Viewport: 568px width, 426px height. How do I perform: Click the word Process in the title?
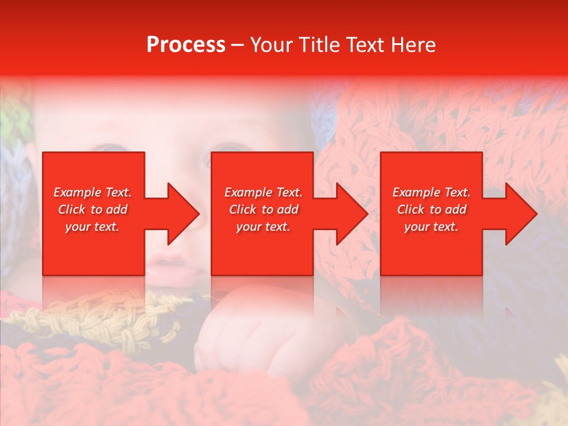(186, 45)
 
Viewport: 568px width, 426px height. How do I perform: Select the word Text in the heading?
(366, 45)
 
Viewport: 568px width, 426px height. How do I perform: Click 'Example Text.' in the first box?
(92, 192)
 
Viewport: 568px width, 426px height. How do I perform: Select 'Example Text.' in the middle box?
(263, 192)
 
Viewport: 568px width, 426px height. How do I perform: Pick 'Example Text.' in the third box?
(431, 192)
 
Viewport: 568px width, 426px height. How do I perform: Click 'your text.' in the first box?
(92, 227)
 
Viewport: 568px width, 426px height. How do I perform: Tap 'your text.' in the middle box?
(263, 227)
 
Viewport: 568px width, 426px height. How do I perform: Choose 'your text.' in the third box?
(431, 227)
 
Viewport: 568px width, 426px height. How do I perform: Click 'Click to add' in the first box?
(92, 209)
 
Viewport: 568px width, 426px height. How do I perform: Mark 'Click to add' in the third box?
(431, 209)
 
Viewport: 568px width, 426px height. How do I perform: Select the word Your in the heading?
(273, 45)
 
